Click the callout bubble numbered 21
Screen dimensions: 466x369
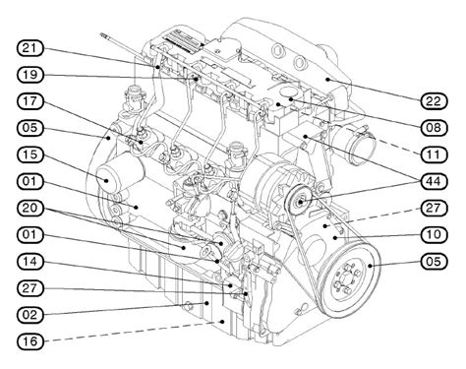coord(29,48)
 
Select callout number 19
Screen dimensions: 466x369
coord(29,75)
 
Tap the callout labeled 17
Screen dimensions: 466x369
coord(29,101)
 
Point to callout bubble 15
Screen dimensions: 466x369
coord(29,154)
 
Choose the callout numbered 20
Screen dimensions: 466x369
coord(29,208)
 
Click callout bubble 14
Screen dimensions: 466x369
coord(29,261)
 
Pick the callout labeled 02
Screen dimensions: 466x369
coord(29,315)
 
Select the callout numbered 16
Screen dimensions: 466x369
coord(29,341)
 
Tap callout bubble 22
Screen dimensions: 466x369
coord(434,101)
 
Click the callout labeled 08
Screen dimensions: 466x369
coord(434,128)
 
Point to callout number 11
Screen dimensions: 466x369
coord(434,154)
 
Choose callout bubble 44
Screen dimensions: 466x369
coord(434,181)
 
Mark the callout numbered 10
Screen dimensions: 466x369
coord(434,234)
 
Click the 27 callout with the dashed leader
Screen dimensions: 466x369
coord(434,208)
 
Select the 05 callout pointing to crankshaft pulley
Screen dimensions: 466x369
coord(434,261)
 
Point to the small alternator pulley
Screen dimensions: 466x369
coord(299,200)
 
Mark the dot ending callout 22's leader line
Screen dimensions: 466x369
coord(327,79)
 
